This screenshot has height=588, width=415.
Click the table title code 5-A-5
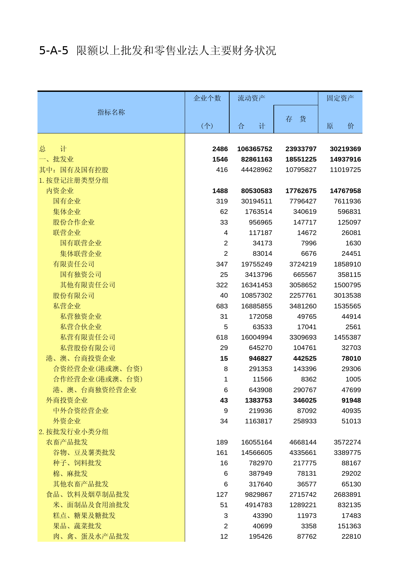tap(54, 51)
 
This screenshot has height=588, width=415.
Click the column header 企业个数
tap(207, 98)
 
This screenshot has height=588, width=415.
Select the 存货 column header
tap(296, 119)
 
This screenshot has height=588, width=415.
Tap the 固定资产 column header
tap(340, 98)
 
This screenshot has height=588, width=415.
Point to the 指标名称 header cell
tap(111, 112)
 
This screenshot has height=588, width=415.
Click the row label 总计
tap(53, 149)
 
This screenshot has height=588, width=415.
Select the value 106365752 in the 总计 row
tap(255, 149)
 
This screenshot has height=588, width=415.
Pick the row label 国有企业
tap(67, 201)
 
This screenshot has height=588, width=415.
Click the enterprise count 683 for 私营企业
tap(222, 306)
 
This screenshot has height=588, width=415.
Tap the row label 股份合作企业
tap(74, 222)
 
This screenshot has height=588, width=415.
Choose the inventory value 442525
tap(305, 358)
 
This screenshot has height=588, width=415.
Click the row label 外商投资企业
tap(67, 400)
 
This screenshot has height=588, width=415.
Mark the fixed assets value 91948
tap(351, 400)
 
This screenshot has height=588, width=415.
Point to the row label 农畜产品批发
tap(67, 442)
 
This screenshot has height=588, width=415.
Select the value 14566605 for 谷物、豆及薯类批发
tap(257, 453)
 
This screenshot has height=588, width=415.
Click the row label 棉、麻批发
tap(70, 473)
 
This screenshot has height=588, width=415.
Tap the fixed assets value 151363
tap(349, 526)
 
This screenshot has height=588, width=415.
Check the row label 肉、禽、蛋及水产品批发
tap(91, 536)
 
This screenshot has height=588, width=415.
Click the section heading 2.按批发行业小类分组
tap(74, 432)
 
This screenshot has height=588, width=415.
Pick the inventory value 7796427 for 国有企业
tap(303, 201)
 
